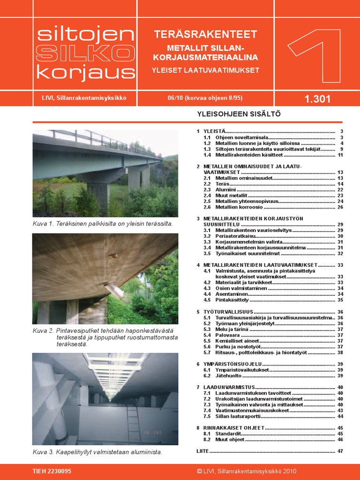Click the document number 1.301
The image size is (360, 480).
(317, 99)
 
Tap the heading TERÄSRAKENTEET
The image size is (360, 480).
(205, 34)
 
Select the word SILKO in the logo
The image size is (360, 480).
(85, 53)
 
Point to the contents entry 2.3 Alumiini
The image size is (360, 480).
(227, 189)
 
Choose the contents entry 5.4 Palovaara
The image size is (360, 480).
(228, 335)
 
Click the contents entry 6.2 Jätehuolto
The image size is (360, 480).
(229, 376)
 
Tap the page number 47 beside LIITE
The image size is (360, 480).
(340, 451)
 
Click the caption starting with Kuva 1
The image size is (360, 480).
(103, 224)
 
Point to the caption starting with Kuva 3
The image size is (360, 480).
(97, 452)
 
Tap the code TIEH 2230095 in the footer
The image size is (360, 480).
(52, 471)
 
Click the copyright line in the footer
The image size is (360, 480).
(247, 471)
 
